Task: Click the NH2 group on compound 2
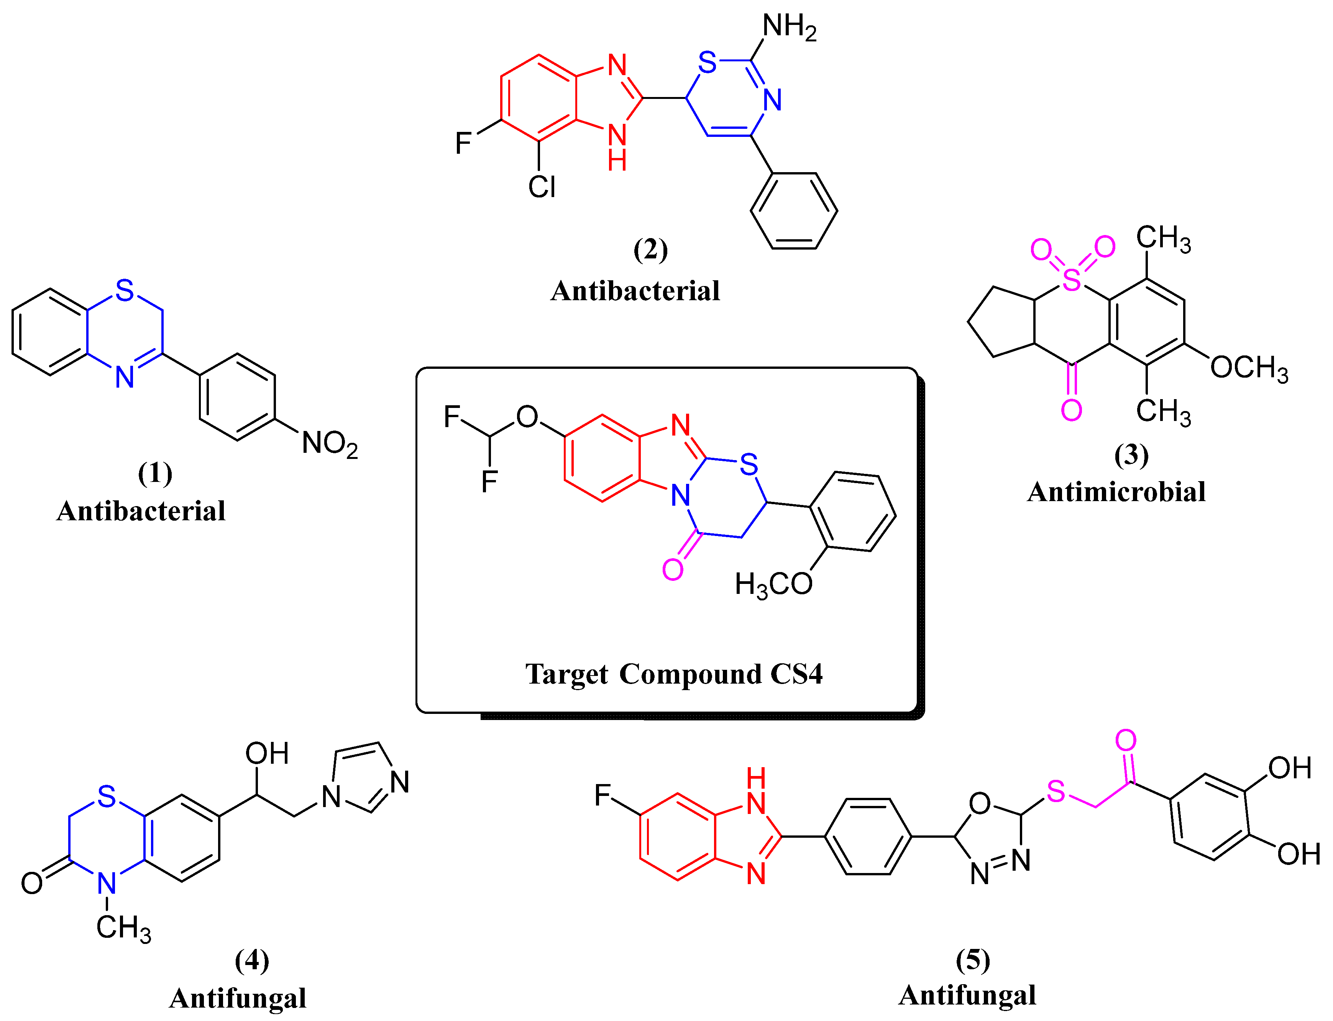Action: coord(789,27)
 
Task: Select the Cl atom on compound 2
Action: coord(541,187)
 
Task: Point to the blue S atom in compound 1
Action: coord(125,291)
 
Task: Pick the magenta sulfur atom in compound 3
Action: coord(1072,280)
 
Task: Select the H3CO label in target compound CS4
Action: coord(773,584)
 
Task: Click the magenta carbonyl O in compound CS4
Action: coord(673,569)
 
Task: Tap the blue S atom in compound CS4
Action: coord(749,465)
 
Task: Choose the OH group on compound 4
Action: coord(267,754)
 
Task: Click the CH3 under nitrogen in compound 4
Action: coord(123,928)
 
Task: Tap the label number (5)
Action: coord(973,960)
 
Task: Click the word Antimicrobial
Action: coord(1116,492)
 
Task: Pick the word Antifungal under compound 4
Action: coord(238,998)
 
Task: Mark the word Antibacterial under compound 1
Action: coord(141,511)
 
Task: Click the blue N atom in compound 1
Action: coord(125,377)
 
